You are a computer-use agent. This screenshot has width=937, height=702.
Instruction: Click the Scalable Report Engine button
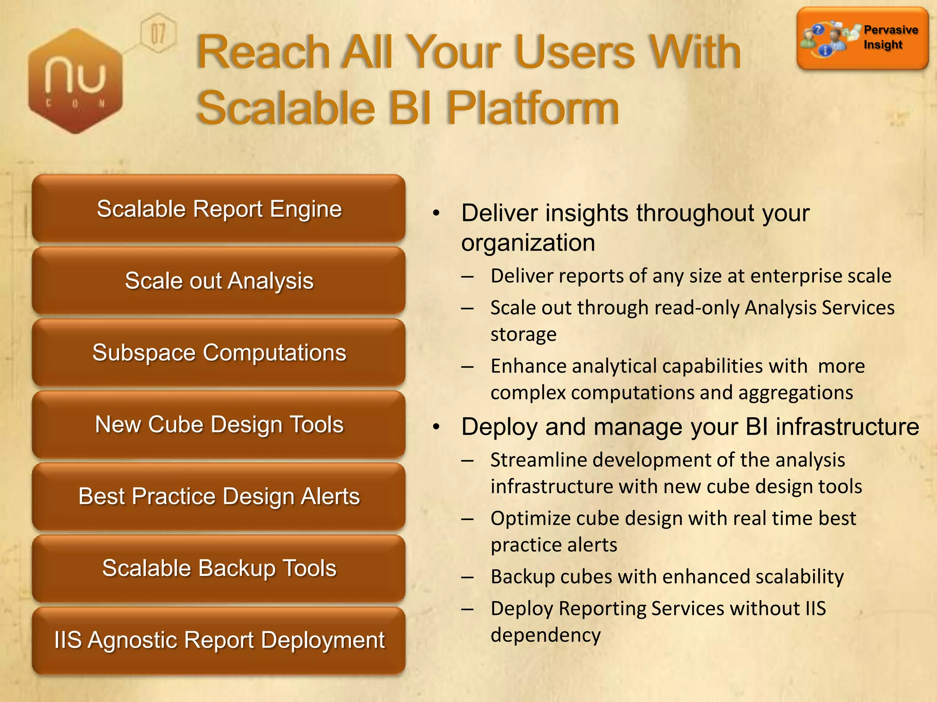pos(219,209)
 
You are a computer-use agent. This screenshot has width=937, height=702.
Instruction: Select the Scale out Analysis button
pos(219,281)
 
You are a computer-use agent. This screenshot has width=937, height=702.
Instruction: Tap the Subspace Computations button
pos(219,353)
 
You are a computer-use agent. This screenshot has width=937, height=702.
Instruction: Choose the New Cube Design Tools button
pos(219,425)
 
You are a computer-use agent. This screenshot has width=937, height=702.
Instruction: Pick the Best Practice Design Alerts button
pos(219,496)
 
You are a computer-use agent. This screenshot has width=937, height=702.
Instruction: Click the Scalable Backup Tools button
pos(219,568)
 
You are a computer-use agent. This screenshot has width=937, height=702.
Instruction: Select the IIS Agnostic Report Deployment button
pos(219,640)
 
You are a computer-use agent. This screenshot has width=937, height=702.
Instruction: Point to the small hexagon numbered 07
pos(158,33)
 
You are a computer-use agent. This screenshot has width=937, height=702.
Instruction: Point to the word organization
pos(528,243)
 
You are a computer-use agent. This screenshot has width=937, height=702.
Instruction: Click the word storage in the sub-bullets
pos(523,335)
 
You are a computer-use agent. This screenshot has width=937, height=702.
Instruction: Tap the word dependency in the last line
pos(545,635)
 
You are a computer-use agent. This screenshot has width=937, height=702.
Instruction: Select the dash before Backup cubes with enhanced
pos(467,577)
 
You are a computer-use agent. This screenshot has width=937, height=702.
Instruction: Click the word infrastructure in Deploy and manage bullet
pos(847,427)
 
